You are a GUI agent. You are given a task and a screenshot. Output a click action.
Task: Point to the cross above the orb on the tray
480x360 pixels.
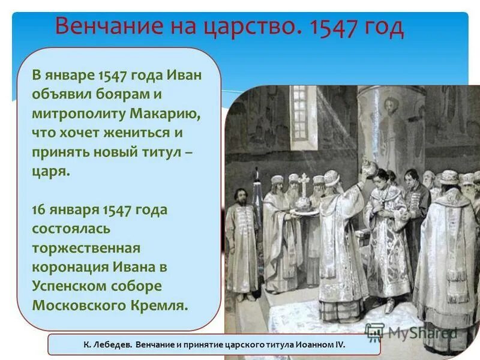(304, 181)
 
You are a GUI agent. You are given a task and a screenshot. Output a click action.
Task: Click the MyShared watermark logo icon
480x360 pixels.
(375, 332)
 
